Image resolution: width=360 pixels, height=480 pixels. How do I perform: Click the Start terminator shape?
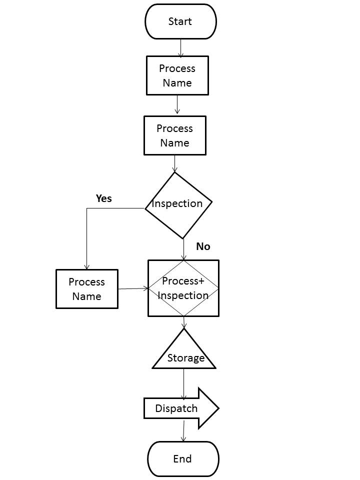(180, 21)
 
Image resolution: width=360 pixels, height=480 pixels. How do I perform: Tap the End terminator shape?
(183, 459)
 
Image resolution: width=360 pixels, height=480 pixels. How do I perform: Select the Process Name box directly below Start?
(177, 75)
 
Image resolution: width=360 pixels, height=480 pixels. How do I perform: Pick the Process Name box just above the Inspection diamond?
(174, 135)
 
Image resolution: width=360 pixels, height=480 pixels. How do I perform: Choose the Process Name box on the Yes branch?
(87, 289)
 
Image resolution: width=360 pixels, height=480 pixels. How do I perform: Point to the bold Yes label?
(103, 198)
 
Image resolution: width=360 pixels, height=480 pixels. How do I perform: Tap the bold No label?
(203, 246)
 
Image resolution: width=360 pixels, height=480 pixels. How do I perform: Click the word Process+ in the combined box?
(183, 281)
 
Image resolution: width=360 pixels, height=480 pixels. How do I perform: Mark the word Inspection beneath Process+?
(183, 295)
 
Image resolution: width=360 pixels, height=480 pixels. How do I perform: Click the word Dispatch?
(176, 408)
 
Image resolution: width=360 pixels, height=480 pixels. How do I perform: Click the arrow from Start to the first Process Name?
(180, 47)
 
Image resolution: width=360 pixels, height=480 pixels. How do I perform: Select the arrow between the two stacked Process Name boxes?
(177, 104)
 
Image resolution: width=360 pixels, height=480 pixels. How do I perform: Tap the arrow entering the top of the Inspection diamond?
(174, 163)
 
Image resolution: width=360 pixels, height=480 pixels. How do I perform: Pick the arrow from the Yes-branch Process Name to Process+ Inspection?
(133, 288)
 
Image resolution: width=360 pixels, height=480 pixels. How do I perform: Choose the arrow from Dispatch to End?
(183, 430)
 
